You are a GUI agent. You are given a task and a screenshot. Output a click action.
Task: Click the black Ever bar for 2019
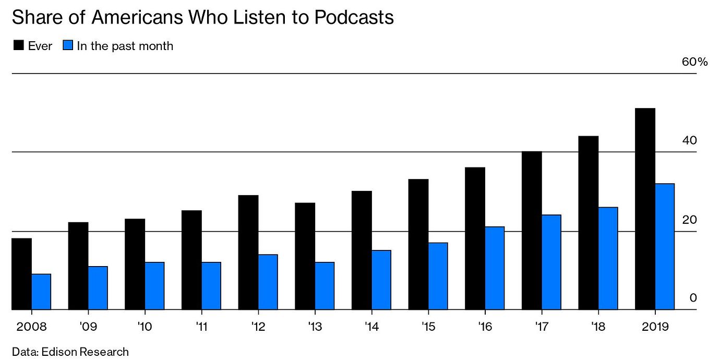tap(645, 209)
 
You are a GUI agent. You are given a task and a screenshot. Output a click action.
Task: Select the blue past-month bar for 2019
tap(665, 247)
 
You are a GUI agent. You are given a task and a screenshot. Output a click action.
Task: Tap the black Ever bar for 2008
tap(21, 274)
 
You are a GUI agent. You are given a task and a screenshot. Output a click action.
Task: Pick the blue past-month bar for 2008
tap(41, 292)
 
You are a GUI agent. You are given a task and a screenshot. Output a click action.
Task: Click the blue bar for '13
tap(325, 286)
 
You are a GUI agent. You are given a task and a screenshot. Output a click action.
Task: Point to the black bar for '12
tap(248, 253)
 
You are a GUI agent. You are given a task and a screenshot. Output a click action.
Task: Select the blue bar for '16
tap(495, 268)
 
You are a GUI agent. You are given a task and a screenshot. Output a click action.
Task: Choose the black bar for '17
tap(532, 231)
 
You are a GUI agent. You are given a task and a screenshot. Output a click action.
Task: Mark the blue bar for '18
tap(608, 258)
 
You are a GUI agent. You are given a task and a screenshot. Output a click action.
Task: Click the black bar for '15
tap(418, 244)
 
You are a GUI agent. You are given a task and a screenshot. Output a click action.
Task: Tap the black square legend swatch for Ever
tap(19, 45)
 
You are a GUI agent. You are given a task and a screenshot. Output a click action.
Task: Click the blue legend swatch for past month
tap(68, 45)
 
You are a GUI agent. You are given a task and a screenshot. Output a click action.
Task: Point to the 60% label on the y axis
tap(694, 62)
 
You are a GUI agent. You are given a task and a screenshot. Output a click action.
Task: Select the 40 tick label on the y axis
tap(689, 140)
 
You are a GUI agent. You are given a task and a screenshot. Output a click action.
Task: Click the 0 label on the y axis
tap(693, 297)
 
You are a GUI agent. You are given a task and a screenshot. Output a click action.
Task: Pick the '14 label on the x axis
tap(372, 327)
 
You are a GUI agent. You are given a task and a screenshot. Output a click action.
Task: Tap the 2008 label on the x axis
tap(31, 327)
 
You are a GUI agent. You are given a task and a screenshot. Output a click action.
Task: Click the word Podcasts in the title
tap(354, 17)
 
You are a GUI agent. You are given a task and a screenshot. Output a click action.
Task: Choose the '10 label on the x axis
tap(145, 327)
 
